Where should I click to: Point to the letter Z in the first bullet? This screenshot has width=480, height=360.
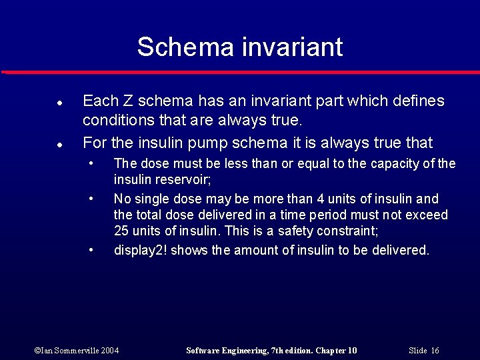tap(127, 101)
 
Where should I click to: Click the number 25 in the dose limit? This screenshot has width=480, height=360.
tap(121, 231)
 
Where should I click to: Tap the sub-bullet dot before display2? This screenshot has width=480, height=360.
tap(91, 250)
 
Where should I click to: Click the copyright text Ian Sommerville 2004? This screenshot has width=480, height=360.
tap(77, 351)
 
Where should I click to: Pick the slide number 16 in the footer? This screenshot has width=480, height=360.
tap(435, 351)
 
